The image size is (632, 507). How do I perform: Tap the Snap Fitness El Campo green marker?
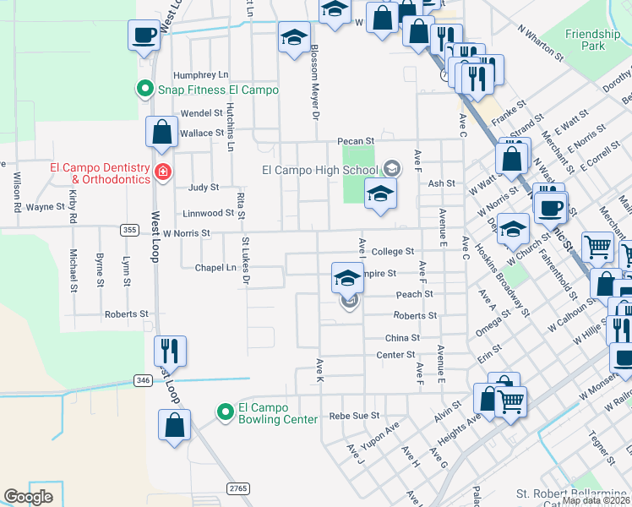(144, 88)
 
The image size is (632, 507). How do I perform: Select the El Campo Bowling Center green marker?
(225, 412)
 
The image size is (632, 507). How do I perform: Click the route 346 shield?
(143, 381)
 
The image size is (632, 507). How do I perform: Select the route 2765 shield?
(237, 488)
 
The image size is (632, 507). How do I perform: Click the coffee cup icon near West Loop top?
(143, 35)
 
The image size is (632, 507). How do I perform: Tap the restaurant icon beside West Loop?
(170, 349)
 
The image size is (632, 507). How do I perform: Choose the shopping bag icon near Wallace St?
(161, 132)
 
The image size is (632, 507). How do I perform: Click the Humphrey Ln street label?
(200, 74)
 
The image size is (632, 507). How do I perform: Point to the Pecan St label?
(356, 141)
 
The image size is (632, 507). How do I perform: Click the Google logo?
(28, 496)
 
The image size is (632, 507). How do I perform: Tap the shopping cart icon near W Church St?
(597, 247)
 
